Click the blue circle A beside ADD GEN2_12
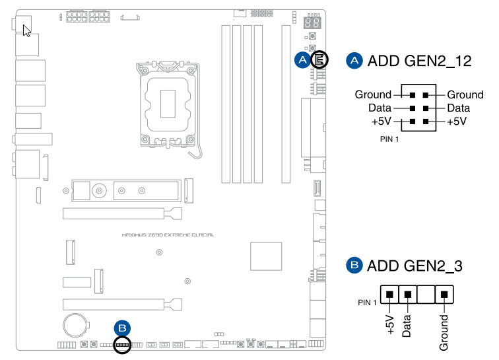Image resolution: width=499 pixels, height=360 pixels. [354, 61]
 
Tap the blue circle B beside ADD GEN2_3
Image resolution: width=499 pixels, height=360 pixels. [354, 266]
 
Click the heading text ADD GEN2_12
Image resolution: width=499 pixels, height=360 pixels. [420, 61]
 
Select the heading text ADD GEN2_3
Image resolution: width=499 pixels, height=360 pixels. [415, 267]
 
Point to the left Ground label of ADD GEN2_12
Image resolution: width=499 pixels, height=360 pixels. [373, 94]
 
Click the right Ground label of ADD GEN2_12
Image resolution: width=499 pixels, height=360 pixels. [465, 94]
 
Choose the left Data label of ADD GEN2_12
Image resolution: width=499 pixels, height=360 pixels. [379, 108]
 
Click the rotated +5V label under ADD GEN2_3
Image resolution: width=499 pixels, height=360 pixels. [391, 325]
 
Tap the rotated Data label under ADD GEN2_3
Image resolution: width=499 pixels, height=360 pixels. [407, 326]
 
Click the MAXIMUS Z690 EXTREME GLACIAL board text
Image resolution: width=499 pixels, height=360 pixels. [168, 234]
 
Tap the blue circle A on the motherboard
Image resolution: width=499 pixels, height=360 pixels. [302, 60]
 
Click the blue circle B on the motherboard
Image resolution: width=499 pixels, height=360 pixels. [123, 328]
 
